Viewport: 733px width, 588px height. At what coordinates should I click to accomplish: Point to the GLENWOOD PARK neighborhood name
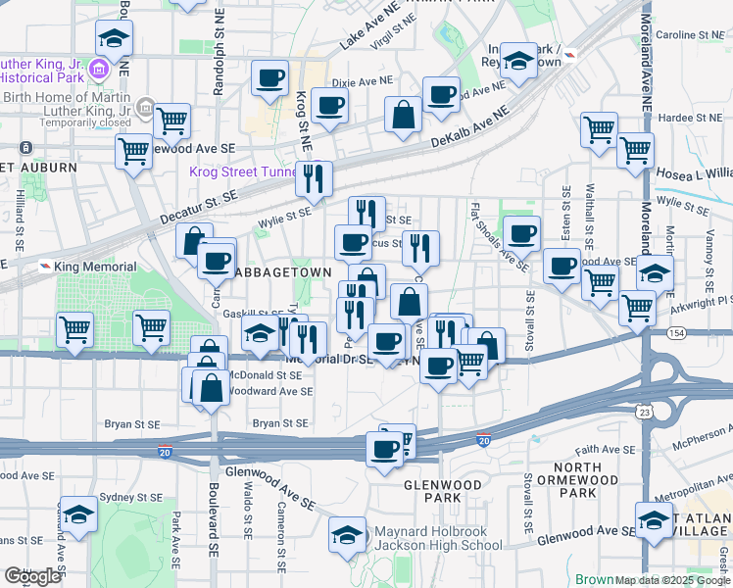click(444, 491)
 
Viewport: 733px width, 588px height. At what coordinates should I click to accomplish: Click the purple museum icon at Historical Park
click(98, 70)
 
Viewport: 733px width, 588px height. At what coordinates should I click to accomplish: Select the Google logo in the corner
click(32, 576)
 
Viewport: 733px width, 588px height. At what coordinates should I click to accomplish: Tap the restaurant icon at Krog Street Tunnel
click(314, 177)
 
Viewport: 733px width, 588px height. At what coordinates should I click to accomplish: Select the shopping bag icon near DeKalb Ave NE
click(404, 115)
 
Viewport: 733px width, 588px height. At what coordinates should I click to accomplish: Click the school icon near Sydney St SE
click(78, 513)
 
